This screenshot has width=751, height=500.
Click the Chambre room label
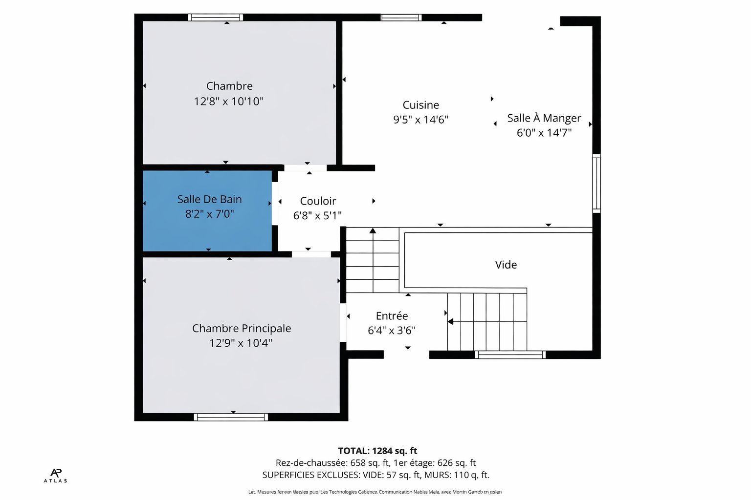pos(229,86)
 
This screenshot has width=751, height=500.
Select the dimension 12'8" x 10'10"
pos(228,101)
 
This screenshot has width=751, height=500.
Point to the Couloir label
pos(318,201)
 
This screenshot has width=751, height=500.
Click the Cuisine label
pos(420,105)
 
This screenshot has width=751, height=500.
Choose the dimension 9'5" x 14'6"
pos(420,120)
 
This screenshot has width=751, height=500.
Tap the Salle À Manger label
pos(544,118)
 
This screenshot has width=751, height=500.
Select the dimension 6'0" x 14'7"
pos(544,133)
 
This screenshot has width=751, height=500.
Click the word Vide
pos(506,265)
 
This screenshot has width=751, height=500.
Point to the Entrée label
pos(392,316)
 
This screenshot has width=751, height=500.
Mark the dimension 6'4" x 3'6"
pos(391,331)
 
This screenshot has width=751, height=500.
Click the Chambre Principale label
pos(242,328)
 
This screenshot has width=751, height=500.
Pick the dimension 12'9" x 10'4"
pos(241,343)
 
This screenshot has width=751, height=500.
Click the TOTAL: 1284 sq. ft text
pos(377,451)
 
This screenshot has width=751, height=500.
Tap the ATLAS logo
pos(56,475)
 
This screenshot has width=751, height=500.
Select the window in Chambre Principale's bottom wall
pos(231,417)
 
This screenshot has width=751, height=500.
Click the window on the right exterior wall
pos(596,183)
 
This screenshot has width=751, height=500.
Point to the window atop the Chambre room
pos(216,18)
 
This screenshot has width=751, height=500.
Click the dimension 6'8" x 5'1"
pos(317,215)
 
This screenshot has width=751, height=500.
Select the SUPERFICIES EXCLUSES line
pos(375,475)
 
